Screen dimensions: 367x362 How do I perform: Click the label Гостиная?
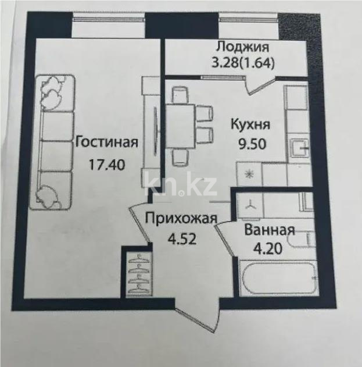point(106,141)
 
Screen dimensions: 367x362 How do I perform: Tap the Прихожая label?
point(181,219)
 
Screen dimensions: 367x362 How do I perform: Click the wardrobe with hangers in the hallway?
point(138,271)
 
